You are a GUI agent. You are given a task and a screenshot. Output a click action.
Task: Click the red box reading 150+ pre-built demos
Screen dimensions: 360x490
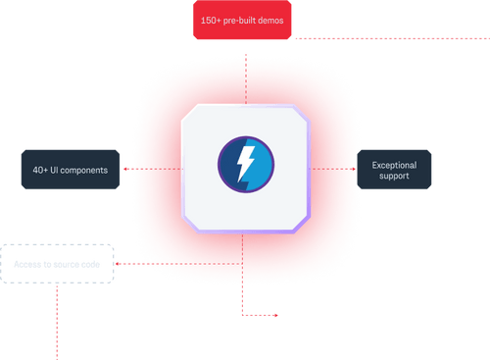pyautogui.click(x=241, y=21)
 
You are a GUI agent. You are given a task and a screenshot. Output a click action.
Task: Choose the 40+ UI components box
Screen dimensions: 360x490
pyautogui.click(x=70, y=170)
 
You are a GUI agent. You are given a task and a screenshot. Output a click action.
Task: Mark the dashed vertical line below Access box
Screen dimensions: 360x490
pyautogui.click(x=59, y=324)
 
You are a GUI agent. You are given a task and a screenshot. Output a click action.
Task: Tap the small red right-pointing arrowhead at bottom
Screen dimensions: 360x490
pyautogui.click(x=276, y=316)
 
